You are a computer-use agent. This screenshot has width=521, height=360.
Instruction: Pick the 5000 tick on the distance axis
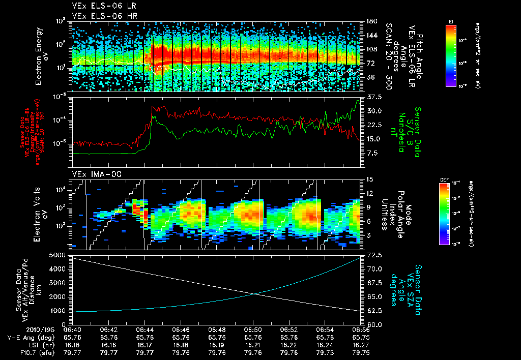click(58, 254)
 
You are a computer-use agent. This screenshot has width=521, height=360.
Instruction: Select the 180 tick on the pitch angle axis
click(371, 21)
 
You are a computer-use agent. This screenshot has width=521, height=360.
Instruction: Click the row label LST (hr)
click(21, 344)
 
